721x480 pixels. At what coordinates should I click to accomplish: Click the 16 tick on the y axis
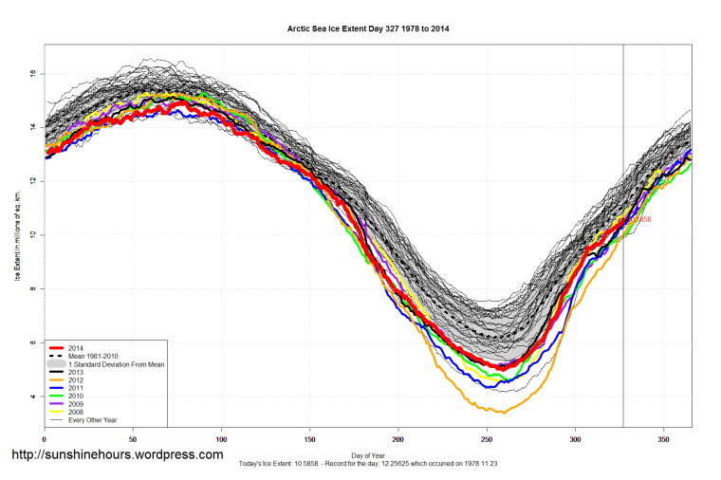tap(32, 72)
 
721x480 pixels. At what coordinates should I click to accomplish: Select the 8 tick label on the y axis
tap(32, 288)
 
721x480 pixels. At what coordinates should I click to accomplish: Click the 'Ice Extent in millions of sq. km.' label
tap(16, 234)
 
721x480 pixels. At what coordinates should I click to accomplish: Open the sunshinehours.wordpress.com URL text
tap(117, 455)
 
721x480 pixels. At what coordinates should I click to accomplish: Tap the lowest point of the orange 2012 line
tap(503, 413)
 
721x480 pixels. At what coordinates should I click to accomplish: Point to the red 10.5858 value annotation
tap(639, 219)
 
